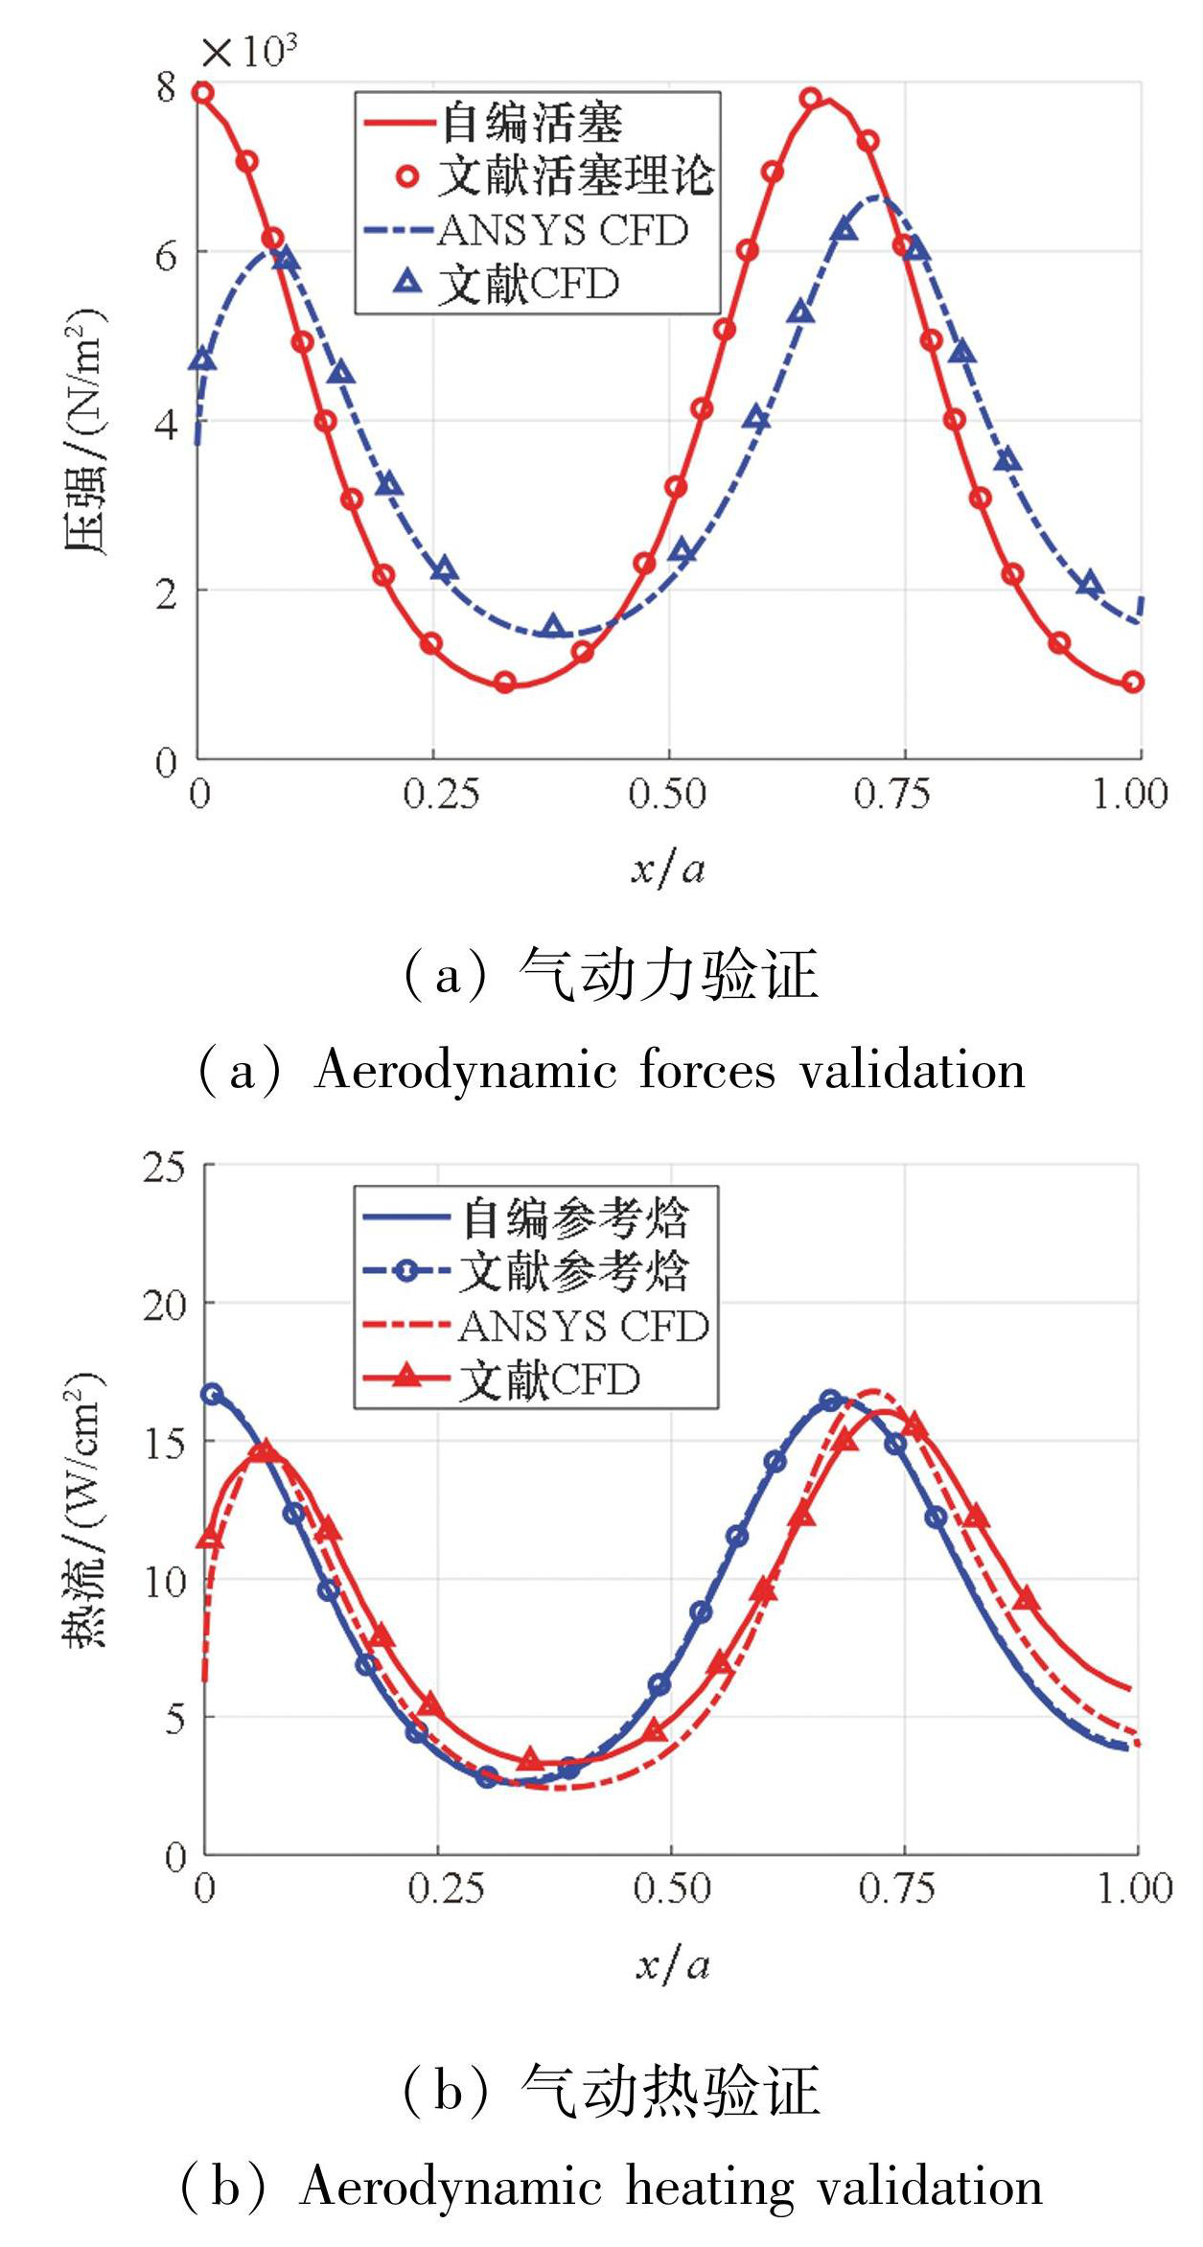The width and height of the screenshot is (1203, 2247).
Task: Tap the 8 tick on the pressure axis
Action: point(167,87)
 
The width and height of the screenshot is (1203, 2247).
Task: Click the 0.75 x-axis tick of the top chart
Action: point(892,795)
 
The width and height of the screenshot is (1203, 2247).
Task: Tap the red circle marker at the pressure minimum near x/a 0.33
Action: point(505,683)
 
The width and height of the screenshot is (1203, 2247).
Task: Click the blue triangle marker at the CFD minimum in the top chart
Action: point(552,628)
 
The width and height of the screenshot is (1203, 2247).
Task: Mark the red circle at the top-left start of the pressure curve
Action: point(203,93)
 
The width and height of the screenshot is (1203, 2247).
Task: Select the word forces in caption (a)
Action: point(706,1070)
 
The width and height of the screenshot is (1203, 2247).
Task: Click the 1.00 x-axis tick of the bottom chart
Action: point(1135,1888)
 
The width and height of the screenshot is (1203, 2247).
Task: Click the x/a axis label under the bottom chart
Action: point(672,1965)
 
